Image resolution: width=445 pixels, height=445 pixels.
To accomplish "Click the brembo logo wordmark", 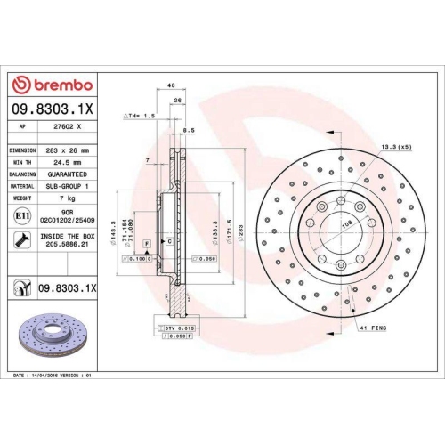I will (x=51, y=85).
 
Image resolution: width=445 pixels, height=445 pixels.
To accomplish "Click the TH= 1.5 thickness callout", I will (x=142, y=116).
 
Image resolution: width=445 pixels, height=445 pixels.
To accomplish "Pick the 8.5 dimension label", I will (x=188, y=131).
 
